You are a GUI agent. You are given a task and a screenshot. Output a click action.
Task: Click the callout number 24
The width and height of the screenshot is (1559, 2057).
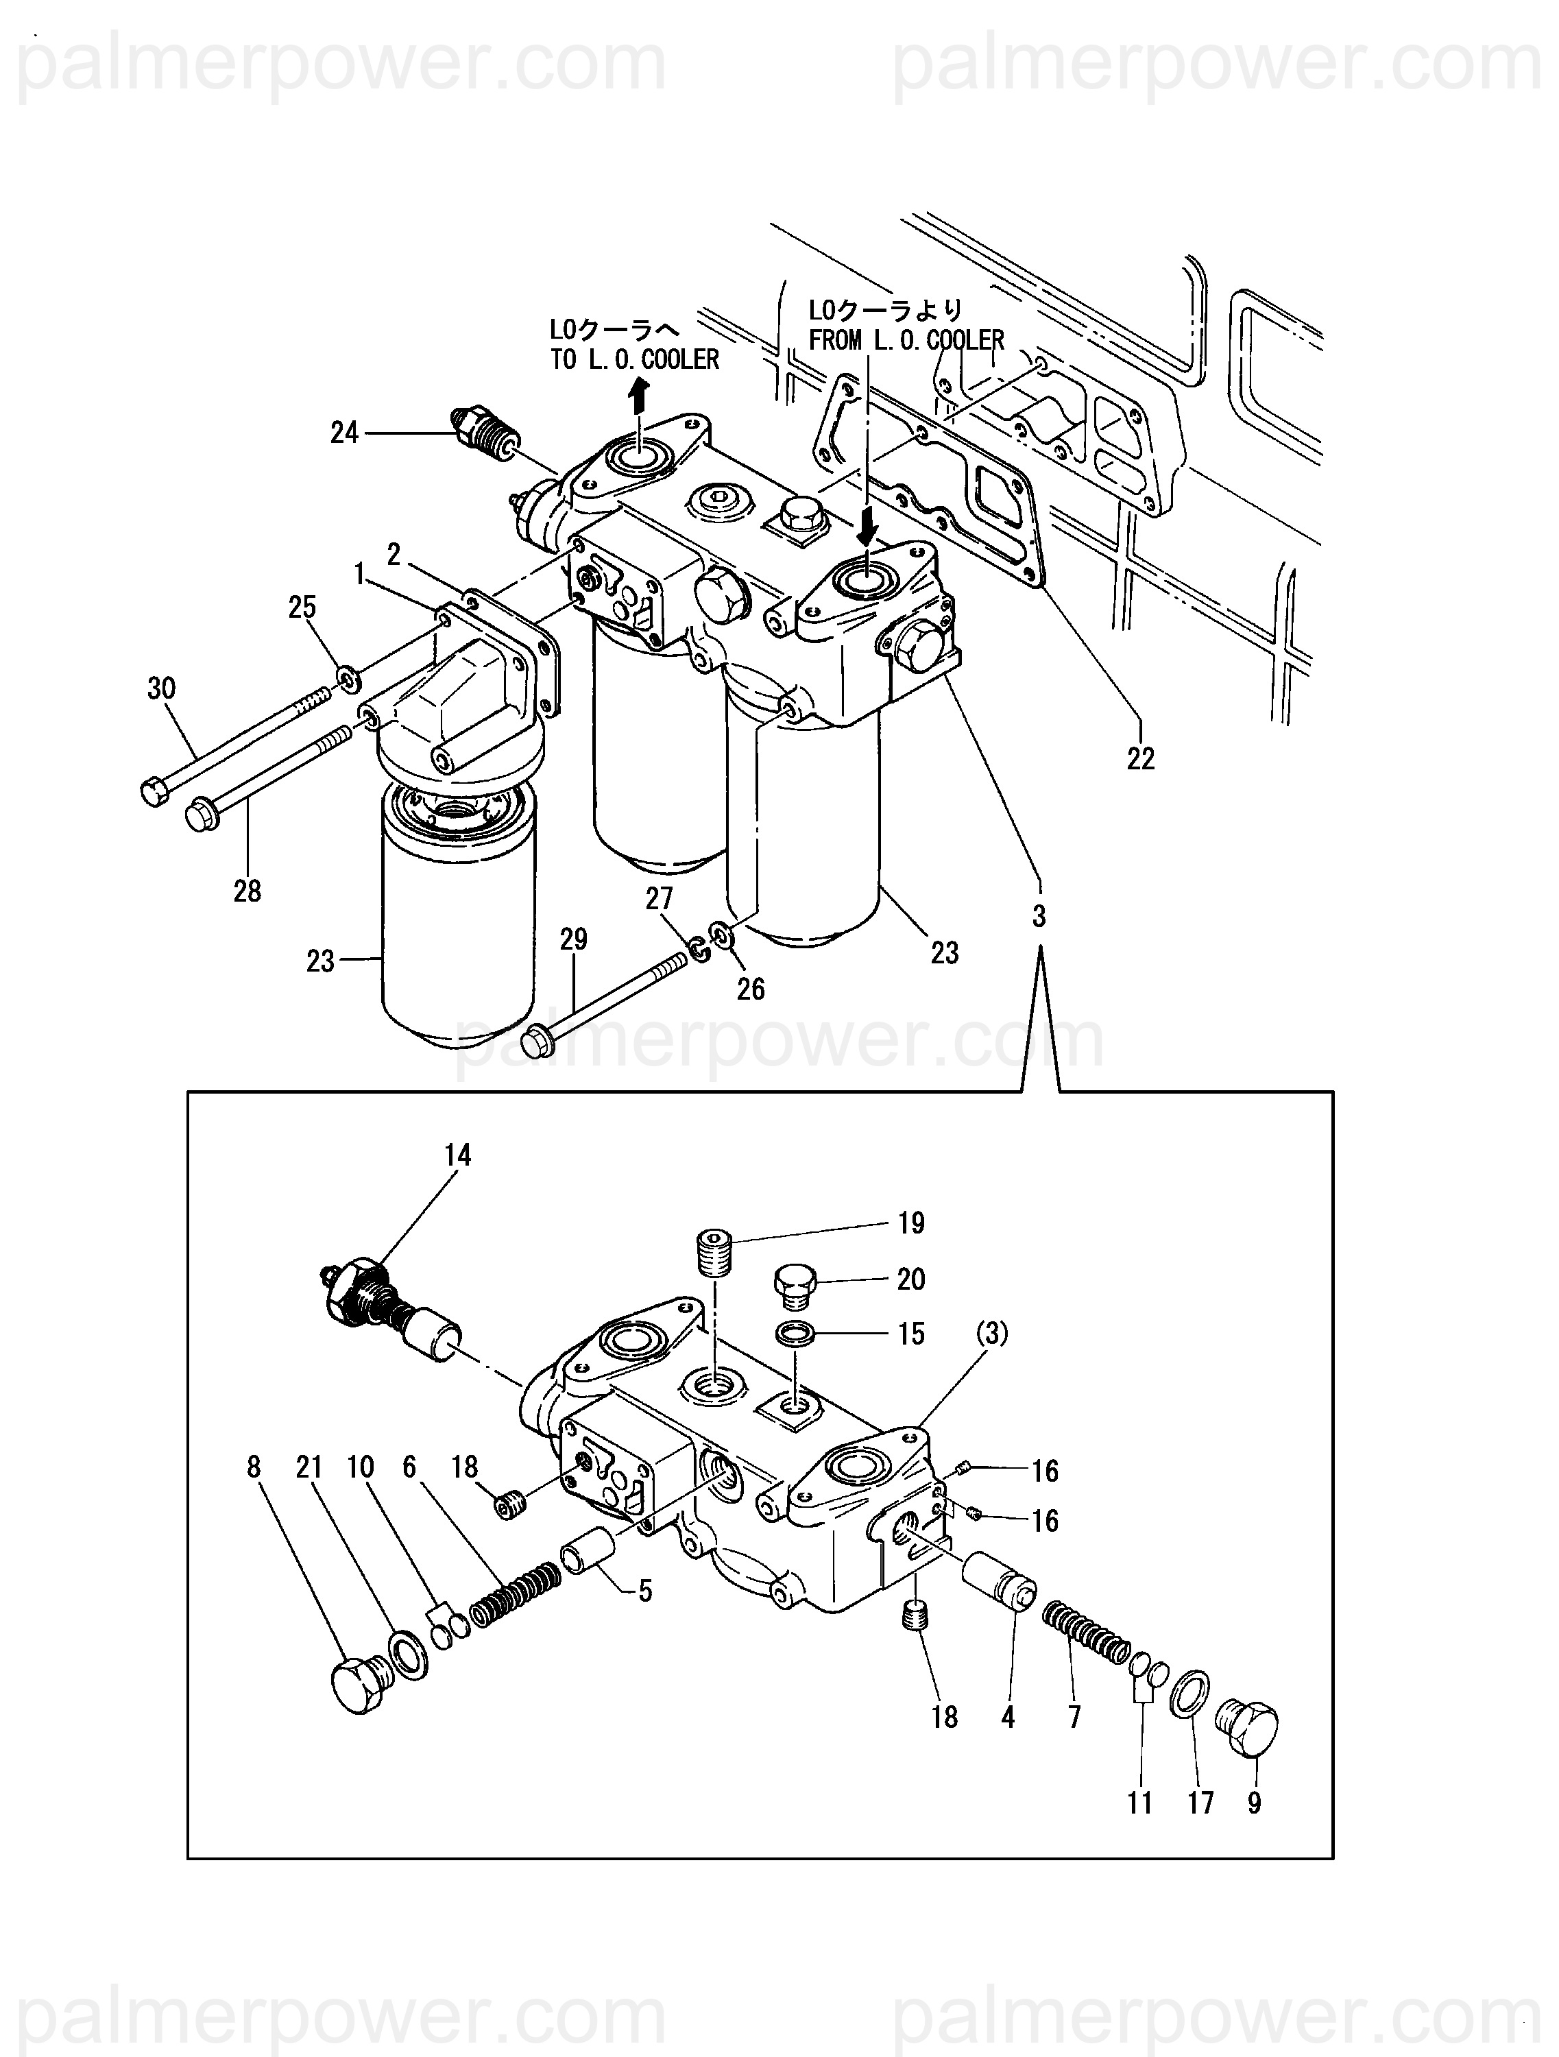click(344, 433)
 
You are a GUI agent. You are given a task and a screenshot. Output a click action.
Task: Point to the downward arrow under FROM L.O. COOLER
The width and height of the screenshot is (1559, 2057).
click(867, 528)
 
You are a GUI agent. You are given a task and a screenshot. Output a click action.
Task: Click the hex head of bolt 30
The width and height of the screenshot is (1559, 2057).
click(154, 793)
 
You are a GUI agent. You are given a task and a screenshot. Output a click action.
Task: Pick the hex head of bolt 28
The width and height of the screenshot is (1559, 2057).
click(203, 813)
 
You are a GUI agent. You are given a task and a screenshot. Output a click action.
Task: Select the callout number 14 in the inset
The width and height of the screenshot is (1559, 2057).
click(457, 1155)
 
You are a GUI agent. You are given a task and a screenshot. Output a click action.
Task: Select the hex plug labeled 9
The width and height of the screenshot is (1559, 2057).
click(1248, 1727)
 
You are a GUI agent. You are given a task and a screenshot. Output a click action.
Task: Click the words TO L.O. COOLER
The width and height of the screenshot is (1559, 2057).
click(635, 360)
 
